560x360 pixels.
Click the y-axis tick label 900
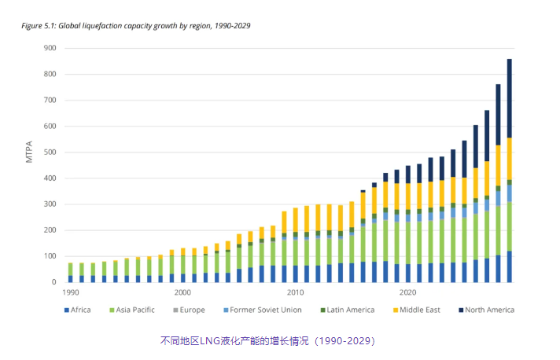[x=49, y=48]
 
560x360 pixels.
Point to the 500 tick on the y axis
[x=49, y=152]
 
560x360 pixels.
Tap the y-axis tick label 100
[x=49, y=256]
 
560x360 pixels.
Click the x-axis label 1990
[x=69, y=292]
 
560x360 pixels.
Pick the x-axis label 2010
[x=296, y=292]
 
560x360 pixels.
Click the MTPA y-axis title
[x=29, y=152]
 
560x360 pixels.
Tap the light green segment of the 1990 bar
[x=70, y=269]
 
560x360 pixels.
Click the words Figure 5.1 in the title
[x=38, y=25]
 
